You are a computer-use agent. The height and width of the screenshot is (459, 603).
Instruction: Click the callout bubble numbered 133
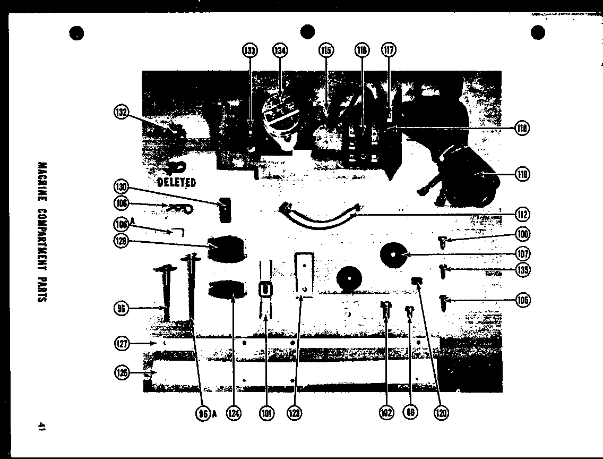[250, 51]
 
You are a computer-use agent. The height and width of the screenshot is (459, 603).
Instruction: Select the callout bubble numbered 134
[280, 51]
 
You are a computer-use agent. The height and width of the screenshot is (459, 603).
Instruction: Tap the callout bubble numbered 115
[326, 51]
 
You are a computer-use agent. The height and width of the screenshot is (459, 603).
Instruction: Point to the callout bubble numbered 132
[122, 113]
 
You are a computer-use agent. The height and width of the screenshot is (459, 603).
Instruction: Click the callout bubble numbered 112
[522, 215]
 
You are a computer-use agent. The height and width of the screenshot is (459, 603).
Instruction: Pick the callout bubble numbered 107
[522, 254]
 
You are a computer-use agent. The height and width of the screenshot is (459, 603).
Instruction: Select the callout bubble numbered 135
[522, 270]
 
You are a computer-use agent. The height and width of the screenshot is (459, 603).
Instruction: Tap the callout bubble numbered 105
[522, 301]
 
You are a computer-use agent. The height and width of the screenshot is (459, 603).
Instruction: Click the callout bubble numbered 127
[122, 344]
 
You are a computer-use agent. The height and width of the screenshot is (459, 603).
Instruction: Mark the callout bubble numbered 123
[295, 413]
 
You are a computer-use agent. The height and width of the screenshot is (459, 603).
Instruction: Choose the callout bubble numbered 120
[441, 413]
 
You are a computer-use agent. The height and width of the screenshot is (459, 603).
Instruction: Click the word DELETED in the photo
[177, 183]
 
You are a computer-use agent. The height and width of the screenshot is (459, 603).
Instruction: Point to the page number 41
[41, 427]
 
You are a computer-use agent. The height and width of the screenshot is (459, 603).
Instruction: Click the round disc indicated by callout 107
[394, 256]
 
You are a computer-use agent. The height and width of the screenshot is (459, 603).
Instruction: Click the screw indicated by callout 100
[441, 243]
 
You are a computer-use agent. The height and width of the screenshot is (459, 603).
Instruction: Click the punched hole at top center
[307, 32]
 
